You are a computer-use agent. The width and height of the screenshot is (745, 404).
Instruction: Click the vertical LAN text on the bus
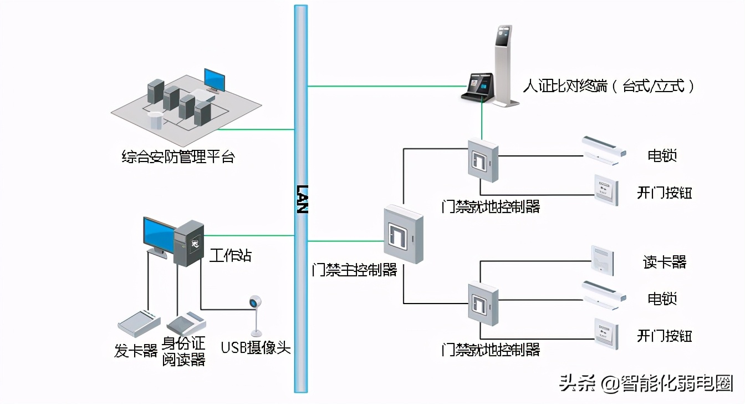pyautogui.click(x=301, y=199)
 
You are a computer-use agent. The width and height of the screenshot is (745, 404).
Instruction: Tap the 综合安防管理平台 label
pyautogui.click(x=178, y=156)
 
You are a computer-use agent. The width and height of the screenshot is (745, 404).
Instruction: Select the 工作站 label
pyautogui.click(x=230, y=255)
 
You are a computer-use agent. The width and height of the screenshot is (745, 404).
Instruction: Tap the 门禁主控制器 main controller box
pyautogui.click(x=404, y=234)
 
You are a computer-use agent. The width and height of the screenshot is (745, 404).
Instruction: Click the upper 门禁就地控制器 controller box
pyautogui.click(x=483, y=160)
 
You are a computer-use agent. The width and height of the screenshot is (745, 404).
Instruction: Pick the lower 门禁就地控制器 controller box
pyautogui.click(x=483, y=305)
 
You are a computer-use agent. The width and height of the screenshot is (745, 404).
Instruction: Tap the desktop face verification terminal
pyautogui.click(x=477, y=88)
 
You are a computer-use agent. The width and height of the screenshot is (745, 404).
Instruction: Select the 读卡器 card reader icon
pyautogui.click(x=602, y=260)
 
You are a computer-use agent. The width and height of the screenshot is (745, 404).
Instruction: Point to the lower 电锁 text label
pyautogui.click(x=662, y=299)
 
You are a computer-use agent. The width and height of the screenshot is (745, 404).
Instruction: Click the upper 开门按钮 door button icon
pyautogui.click(x=605, y=190)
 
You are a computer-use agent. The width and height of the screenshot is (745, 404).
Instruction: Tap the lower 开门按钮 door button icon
pyautogui.click(x=605, y=333)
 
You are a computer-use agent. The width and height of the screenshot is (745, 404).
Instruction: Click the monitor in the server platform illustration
pyautogui.click(x=215, y=81)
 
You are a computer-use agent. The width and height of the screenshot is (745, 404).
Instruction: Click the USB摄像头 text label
pyautogui.click(x=256, y=348)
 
